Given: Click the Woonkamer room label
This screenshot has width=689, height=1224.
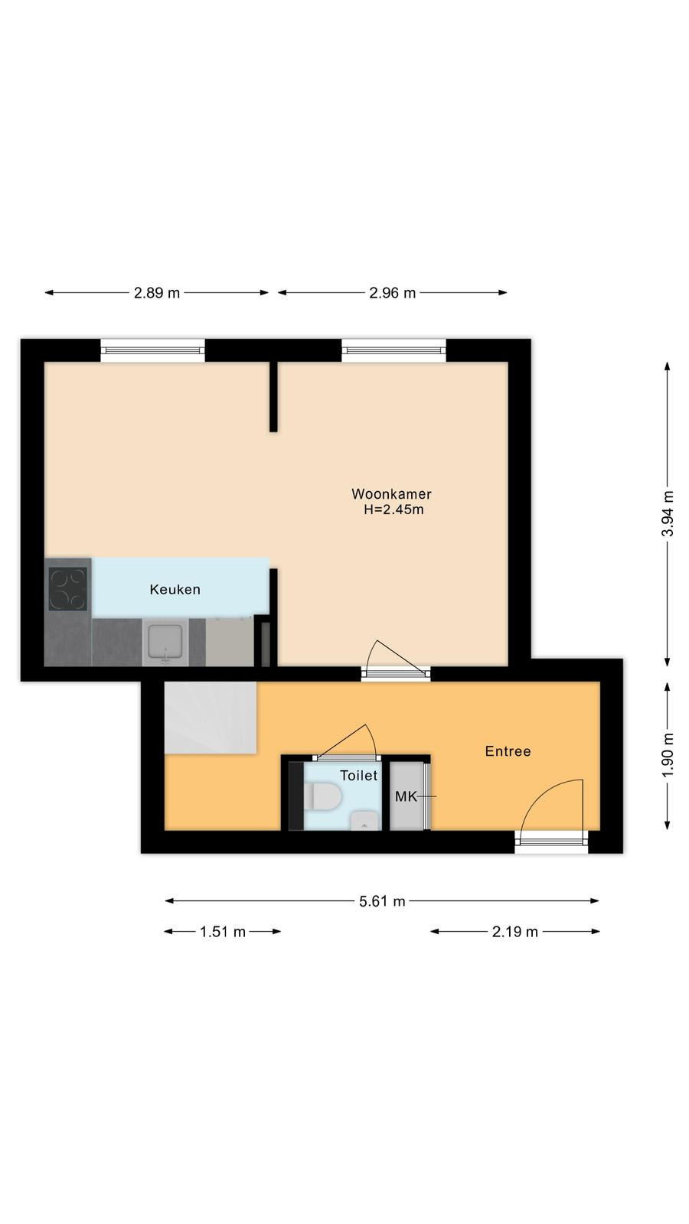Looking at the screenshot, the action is [x=391, y=494].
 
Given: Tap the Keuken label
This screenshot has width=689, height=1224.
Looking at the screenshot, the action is [x=175, y=590].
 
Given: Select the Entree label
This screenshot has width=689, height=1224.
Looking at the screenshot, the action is [x=508, y=751].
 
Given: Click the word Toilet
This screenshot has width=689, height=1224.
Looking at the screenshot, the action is [x=359, y=776].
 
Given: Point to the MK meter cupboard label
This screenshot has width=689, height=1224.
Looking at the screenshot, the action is [x=407, y=796].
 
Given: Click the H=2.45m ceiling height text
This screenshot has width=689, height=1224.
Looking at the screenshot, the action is [x=393, y=509].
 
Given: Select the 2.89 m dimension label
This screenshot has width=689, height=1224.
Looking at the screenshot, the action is [x=157, y=293].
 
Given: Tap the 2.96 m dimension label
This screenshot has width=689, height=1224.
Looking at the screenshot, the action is [x=393, y=293].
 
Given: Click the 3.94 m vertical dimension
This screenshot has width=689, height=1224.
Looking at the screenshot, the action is [x=668, y=513].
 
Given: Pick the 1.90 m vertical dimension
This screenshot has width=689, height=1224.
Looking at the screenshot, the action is [x=668, y=756].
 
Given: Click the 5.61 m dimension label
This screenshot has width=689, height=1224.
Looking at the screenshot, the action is [x=382, y=901].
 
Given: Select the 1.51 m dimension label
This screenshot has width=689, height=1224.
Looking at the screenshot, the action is [x=223, y=932].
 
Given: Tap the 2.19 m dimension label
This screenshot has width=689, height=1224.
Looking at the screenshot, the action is [x=515, y=932].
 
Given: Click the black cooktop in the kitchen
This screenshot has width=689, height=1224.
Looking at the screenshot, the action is [x=68, y=588].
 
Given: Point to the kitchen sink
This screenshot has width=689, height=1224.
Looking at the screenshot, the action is [x=165, y=643].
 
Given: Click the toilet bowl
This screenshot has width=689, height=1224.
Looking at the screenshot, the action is [x=323, y=796].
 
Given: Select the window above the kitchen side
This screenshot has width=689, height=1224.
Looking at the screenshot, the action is [x=152, y=350].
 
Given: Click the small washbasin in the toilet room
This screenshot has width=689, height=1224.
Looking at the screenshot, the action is [x=365, y=821].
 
